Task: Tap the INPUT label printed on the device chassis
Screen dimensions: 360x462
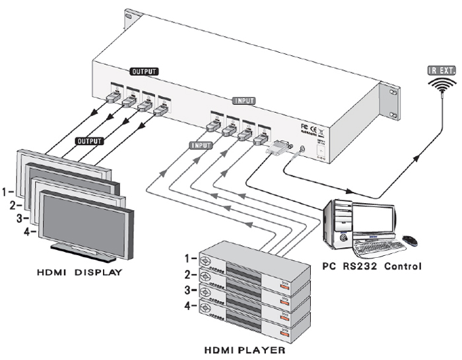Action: coord(242,102)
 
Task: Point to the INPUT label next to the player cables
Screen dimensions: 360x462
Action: coord(201,144)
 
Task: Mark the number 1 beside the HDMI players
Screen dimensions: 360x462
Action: coord(191,258)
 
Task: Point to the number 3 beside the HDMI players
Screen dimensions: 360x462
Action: coord(191,289)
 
